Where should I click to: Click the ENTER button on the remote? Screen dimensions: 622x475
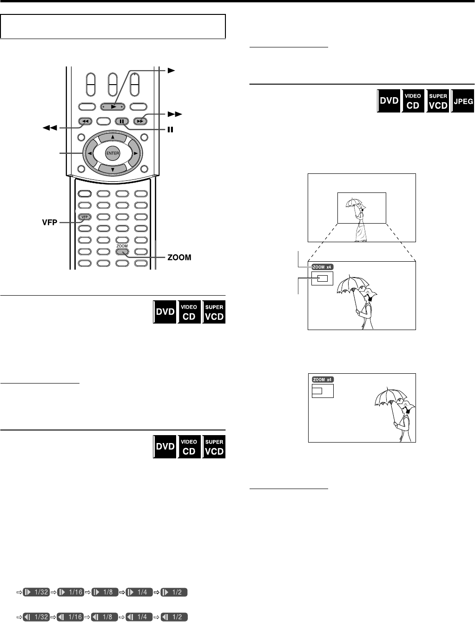(x=112, y=153)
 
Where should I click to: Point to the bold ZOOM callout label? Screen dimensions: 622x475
(x=179, y=257)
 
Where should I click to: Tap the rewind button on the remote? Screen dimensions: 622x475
(x=85, y=122)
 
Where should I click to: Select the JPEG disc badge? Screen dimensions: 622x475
(x=463, y=101)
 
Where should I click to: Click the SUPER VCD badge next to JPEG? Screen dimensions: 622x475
(x=438, y=101)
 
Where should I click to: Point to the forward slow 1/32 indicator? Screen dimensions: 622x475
(x=37, y=592)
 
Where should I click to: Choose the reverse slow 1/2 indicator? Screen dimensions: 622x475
(x=174, y=617)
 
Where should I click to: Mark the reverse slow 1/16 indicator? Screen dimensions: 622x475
(x=70, y=617)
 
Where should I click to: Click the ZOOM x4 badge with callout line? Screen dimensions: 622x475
(x=323, y=267)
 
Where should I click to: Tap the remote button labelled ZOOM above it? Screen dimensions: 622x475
(x=122, y=252)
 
